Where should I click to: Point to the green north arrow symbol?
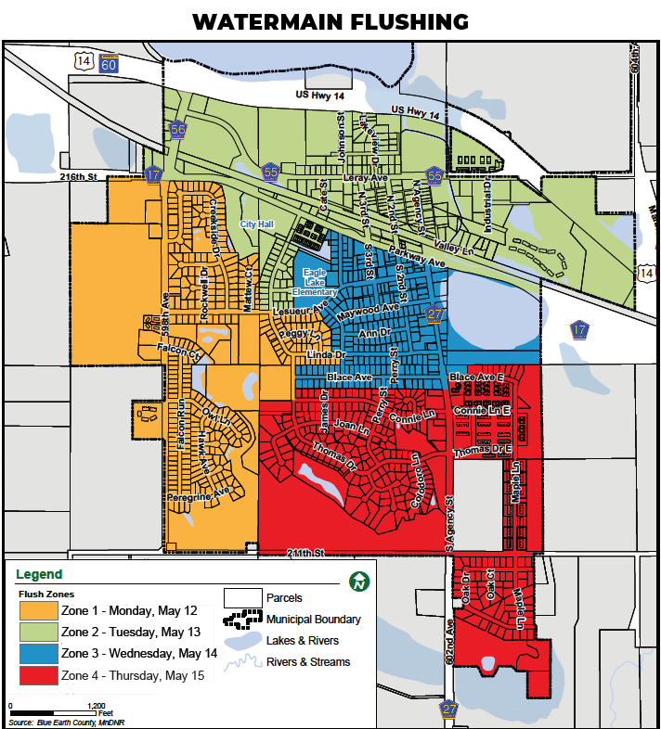pos(357,582)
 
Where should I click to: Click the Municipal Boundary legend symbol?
pos(243,619)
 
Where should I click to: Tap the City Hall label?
pos(258,224)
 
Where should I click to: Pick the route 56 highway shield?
pos(177,130)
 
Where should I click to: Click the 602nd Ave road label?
pos(450,641)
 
